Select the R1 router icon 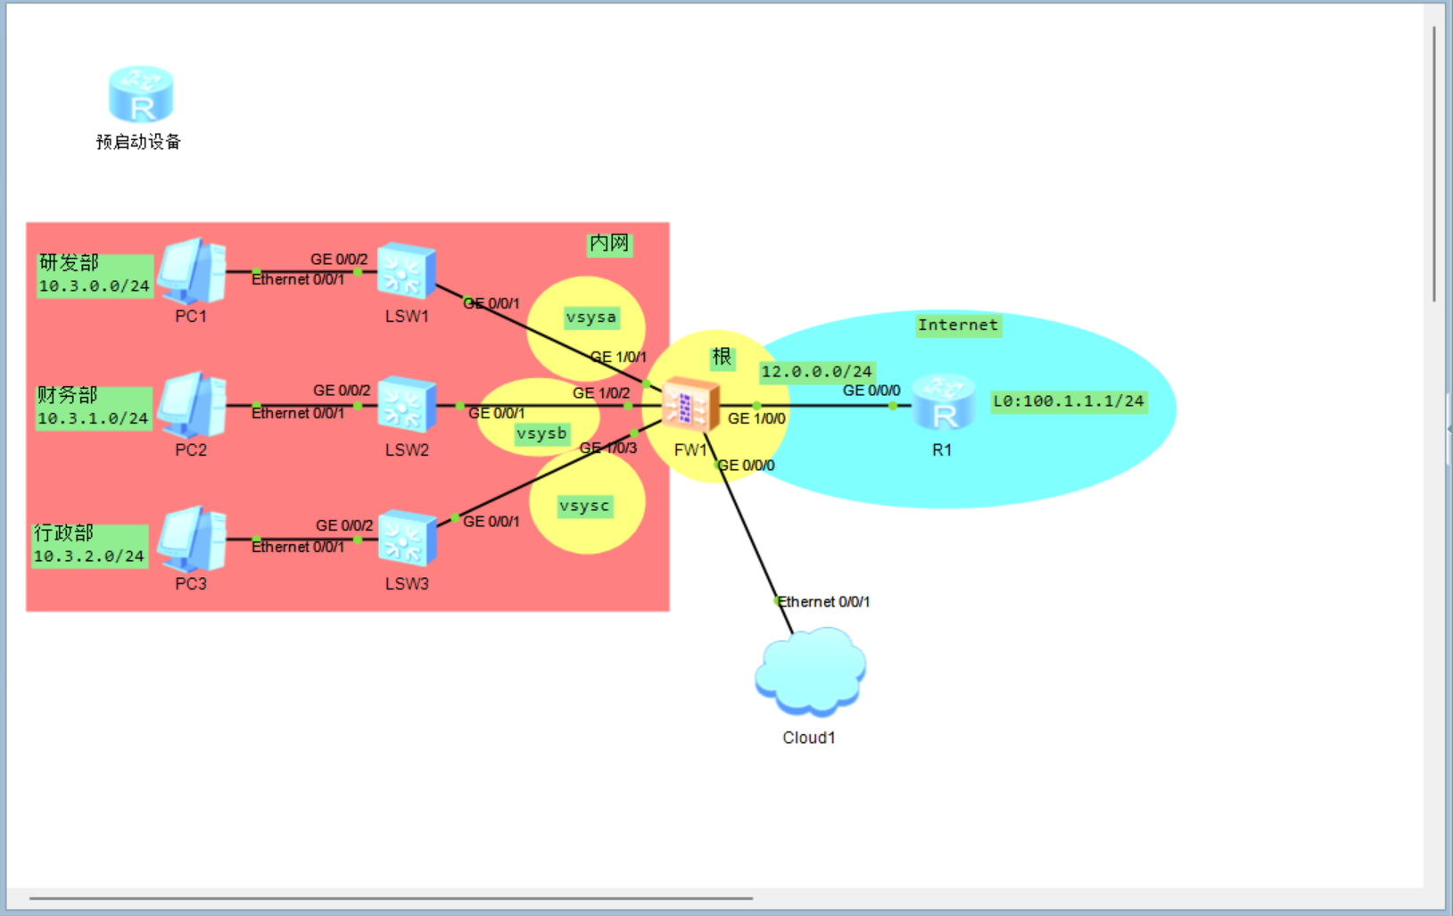coord(943,404)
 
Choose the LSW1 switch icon coord(407,270)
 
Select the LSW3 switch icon coord(407,538)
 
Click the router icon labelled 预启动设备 coord(141,94)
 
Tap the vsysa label coord(590,318)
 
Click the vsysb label coord(541,434)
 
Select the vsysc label coord(584,507)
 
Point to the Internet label coord(958,326)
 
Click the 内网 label coord(609,243)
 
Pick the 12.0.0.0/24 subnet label coord(816,372)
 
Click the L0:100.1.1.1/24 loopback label coord(1068,401)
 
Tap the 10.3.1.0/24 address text coord(93,418)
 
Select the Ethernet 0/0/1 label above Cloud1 coord(823,602)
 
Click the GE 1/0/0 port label coord(756,418)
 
